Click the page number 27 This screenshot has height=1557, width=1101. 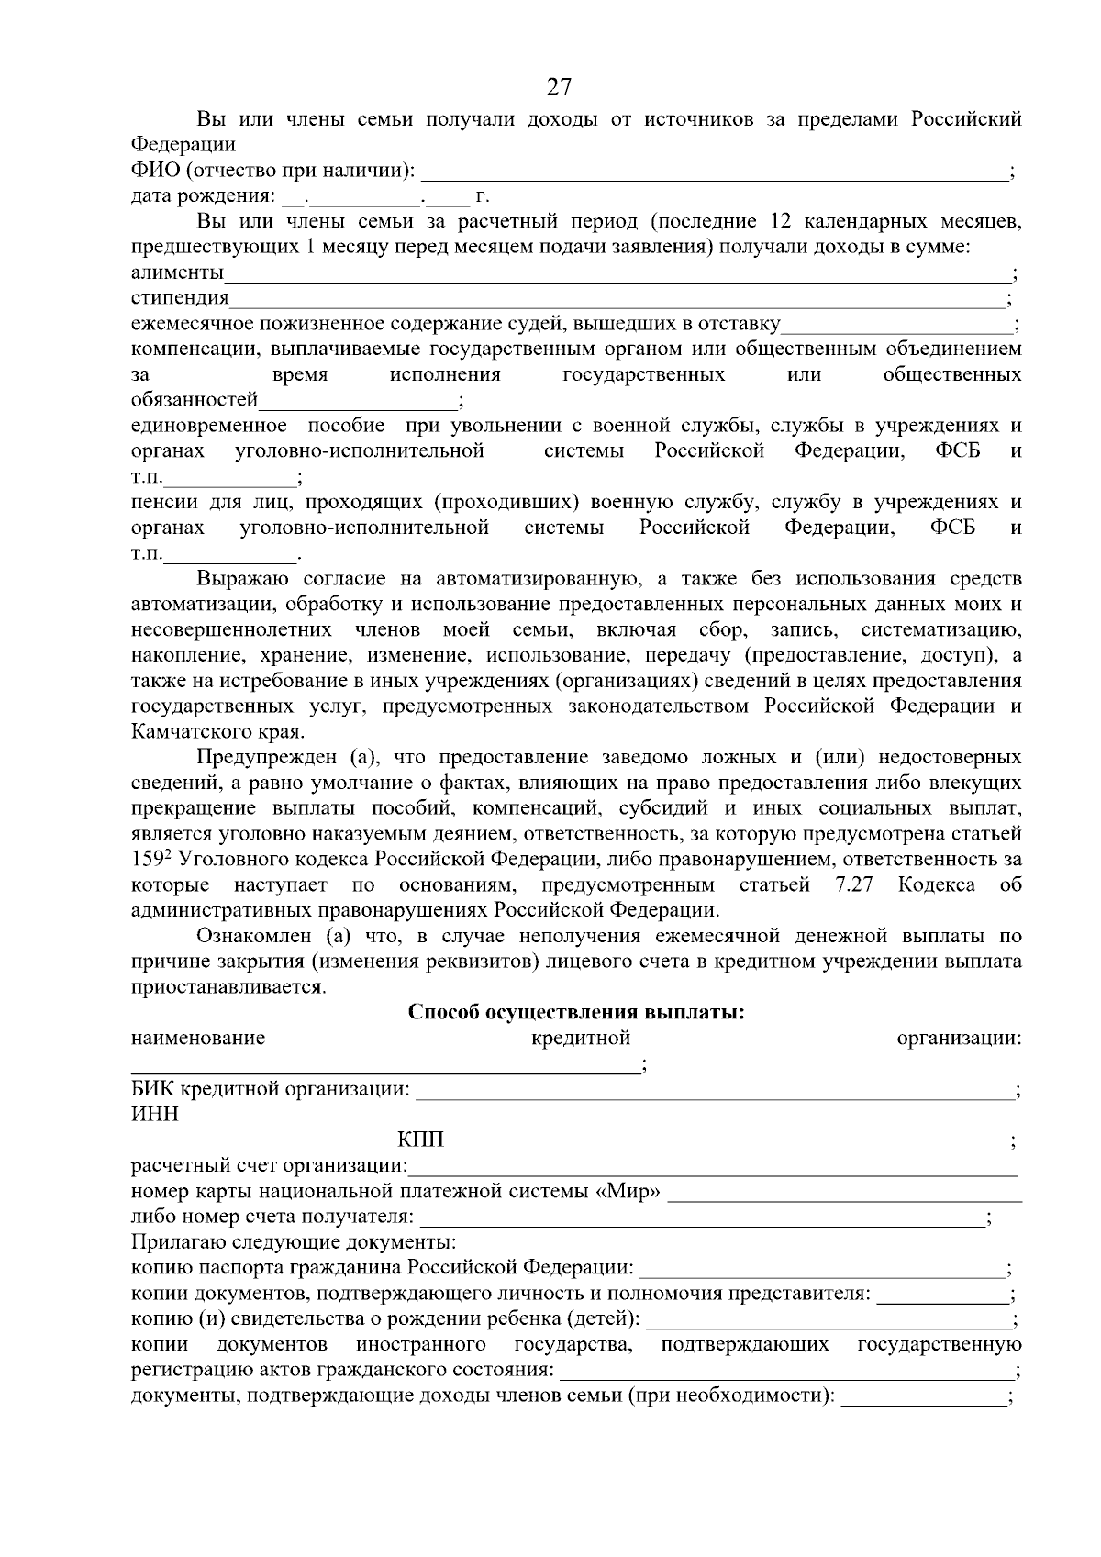pos(559,87)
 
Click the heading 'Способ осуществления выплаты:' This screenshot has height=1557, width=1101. pos(575,1012)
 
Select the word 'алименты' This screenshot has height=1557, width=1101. pos(177,272)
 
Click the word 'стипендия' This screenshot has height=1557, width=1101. pos(180,298)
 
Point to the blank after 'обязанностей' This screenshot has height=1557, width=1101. pos(357,401)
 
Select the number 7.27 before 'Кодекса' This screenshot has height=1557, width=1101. pos(853,885)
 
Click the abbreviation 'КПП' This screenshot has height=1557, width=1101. pos(420,1140)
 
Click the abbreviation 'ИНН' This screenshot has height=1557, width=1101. pos(155,1115)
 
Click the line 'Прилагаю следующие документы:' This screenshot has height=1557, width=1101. pos(294,1243)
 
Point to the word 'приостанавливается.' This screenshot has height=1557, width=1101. pos(228,987)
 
